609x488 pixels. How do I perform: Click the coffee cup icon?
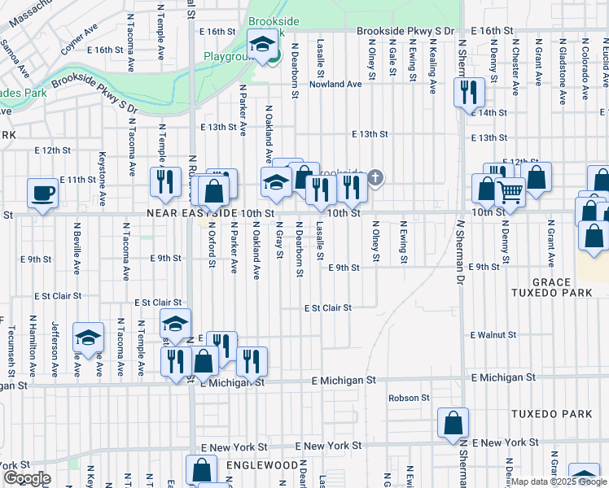tap(43, 194)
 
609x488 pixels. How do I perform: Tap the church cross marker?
tap(375, 176)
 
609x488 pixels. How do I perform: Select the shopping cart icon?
tap(510, 193)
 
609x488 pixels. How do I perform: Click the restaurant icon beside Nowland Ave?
tap(468, 93)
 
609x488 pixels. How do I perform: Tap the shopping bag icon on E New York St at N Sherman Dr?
tap(453, 423)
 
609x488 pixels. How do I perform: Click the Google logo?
tap(27, 478)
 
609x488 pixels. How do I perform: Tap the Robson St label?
tap(409, 398)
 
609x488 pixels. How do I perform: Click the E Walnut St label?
tap(494, 334)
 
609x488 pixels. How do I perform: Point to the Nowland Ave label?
tap(335, 84)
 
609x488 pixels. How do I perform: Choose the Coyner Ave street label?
tap(79, 38)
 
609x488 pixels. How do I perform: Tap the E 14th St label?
tap(489, 112)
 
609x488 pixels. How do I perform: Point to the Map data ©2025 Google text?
tap(558, 481)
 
